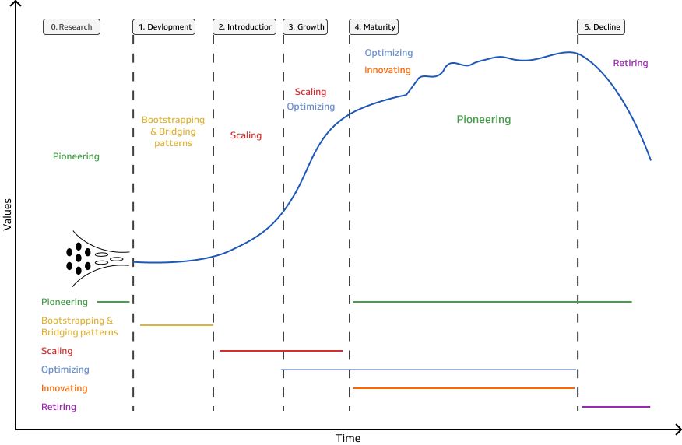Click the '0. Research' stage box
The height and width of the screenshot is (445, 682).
72,27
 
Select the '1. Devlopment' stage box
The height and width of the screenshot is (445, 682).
165,27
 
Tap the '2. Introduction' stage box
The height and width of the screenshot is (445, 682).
245,27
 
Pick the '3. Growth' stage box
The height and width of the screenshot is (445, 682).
306,27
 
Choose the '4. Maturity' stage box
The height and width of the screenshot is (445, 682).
375,27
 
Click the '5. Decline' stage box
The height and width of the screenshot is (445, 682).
603,27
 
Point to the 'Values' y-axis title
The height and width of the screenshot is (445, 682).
8,213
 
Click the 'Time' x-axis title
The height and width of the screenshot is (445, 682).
347,438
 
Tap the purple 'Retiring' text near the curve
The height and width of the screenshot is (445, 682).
630,63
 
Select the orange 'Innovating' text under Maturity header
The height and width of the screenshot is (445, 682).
387,70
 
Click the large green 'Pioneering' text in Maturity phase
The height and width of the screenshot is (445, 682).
483,120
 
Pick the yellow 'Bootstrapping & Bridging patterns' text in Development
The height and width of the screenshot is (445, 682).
173,131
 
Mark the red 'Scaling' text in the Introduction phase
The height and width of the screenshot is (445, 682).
246,135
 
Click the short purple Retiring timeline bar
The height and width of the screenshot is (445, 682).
616,406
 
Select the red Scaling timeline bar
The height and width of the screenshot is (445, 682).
281,351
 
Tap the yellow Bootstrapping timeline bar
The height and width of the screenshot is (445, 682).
176,324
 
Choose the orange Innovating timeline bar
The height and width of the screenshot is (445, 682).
464,387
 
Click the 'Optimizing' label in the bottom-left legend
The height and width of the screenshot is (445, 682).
65,370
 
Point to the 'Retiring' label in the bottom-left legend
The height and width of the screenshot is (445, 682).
58,406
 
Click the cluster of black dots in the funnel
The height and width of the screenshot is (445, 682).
78,258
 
